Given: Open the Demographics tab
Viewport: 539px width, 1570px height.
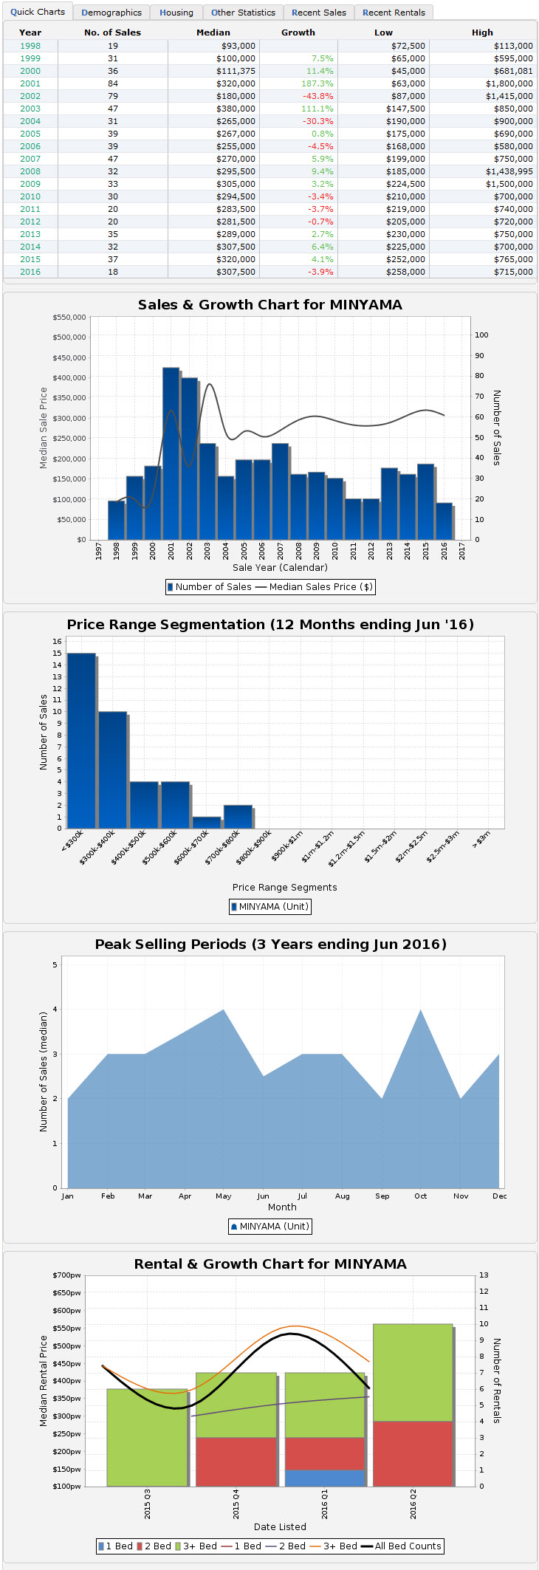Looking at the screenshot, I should pyautogui.click(x=111, y=13).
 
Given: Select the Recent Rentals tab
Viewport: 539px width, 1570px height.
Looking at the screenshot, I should pyautogui.click(x=394, y=13).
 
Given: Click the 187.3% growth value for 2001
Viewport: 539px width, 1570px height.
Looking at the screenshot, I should pyautogui.click(x=317, y=83).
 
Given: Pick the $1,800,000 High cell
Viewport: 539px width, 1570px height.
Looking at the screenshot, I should pyautogui.click(x=509, y=83).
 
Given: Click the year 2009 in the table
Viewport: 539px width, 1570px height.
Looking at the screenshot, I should pyautogui.click(x=30, y=184).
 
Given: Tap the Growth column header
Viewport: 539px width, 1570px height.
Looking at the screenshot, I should pyautogui.click(x=298, y=32).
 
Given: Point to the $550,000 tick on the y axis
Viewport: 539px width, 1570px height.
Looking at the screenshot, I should pyautogui.click(x=69, y=317).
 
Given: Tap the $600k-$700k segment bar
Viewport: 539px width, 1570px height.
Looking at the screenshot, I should pyautogui.click(x=207, y=822).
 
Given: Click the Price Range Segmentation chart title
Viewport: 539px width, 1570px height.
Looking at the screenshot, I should pyautogui.click(x=270, y=625).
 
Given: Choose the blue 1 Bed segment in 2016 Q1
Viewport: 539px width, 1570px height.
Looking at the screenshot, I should pyautogui.click(x=325, y=1478).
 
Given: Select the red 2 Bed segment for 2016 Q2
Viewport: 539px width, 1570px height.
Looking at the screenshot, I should pyautogui.click(x=413, y=1453).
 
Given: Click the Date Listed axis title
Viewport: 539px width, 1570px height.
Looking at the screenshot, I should pyautogui.click(x=280, y=1526).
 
